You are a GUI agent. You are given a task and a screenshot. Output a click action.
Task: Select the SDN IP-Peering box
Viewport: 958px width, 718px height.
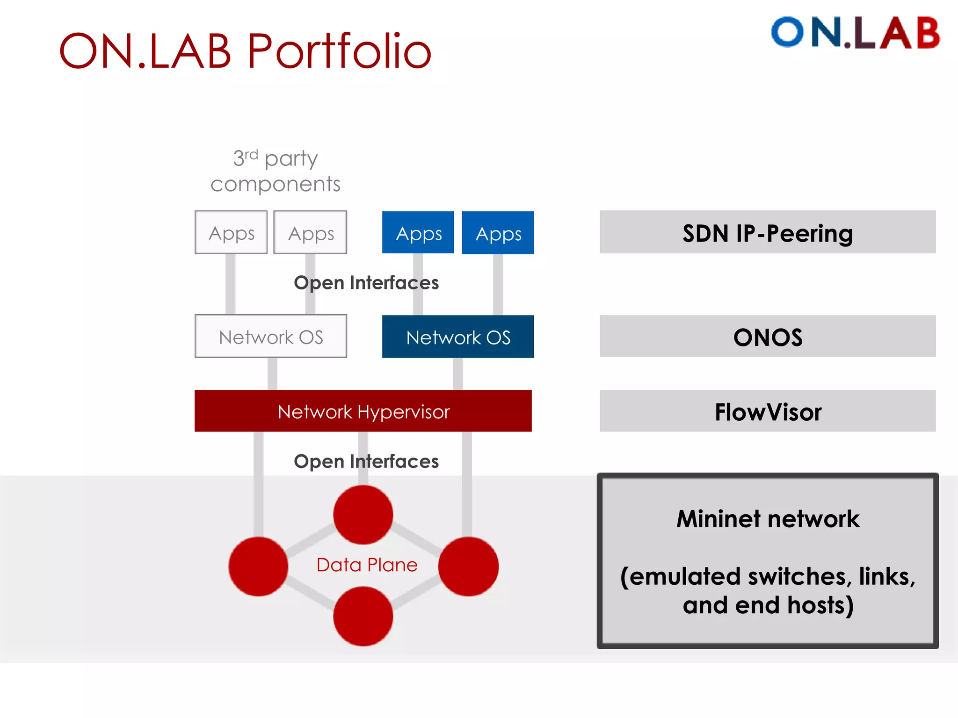click(x=768, y=232)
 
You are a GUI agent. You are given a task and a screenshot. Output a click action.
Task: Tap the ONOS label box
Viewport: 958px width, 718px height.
click(x=768, y=337)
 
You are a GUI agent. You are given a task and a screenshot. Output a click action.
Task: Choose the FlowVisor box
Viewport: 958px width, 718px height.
click(x=768, y=411)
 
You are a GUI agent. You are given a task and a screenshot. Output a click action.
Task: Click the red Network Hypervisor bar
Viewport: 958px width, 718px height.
click(x=363, y=411)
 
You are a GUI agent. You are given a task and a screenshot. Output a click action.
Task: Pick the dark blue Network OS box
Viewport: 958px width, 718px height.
click(x=457, y=337)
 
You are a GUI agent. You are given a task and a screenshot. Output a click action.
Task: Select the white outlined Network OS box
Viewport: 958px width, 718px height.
click(x=270, y=337)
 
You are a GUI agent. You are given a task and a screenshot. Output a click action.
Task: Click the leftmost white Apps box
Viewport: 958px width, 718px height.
click(x=231, y=232)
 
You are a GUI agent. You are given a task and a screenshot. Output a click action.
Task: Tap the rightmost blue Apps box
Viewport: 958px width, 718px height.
click(x=498, y=233)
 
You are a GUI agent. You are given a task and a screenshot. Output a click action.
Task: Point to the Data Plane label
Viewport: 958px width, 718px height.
click(x=367, y=565)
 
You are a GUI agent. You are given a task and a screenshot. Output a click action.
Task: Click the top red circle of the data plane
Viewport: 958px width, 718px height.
click(x=363, y=514)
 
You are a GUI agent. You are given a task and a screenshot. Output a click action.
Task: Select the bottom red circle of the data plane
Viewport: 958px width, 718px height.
click(x=363, y=616)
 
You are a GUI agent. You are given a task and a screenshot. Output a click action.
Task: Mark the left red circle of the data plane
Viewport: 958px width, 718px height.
click(x=258, y=566)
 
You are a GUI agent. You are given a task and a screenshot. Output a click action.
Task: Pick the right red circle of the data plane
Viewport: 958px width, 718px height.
click(x=468, y=566)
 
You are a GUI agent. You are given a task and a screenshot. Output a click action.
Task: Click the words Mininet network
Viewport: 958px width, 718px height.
click(x=768, y=519)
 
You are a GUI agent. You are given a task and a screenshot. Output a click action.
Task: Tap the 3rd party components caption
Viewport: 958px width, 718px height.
click(x=276, y=171)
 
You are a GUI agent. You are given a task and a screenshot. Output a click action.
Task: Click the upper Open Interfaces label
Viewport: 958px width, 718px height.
click(x=366, y=283)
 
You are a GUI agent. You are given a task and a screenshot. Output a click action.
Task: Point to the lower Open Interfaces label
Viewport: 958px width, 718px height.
click(x=366, y=461)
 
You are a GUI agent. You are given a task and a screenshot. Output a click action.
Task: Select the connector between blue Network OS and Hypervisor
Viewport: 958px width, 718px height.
click(x=458, y=374)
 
